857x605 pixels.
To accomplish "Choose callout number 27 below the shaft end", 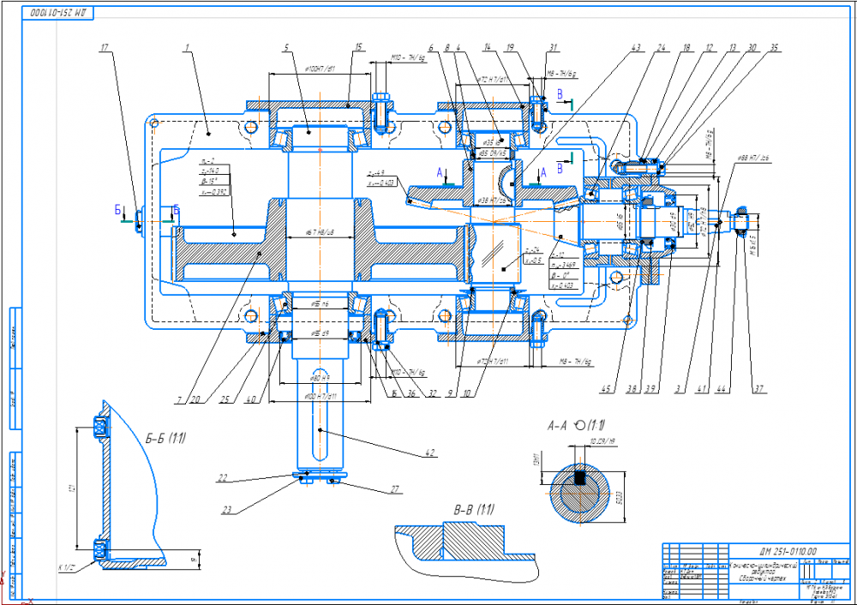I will (394, 490).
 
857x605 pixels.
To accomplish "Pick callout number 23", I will (227, 511).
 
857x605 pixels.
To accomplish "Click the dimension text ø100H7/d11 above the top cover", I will (307, 68).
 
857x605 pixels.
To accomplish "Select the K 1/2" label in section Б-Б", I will (66, 566).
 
